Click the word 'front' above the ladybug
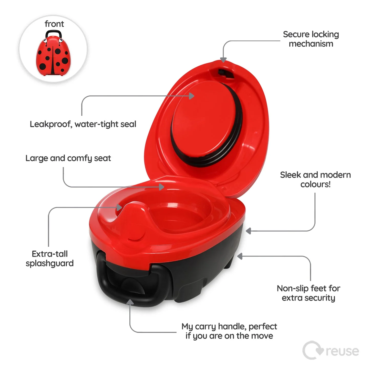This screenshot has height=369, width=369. pyautogui.click(x=54, y=24)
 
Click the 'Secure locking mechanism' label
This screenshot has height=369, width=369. pyautogui.click(x=311, y=39)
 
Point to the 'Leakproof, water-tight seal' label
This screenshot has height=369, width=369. pyautogui.click(x=83, y=124)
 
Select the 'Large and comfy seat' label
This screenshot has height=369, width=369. pyautogui.click(x=68, y=158)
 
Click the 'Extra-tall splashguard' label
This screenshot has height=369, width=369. pyautogui.click(x=50, y=259)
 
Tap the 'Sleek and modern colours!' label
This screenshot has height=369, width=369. pyautogui.click(x=315, y=179)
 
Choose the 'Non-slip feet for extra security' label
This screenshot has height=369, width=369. pyautogui.click(x=309, y=293)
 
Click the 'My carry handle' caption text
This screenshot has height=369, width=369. pyautogui.click(x=229, y=331)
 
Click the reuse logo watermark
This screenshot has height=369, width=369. pyautogui.click(x=331, y=350)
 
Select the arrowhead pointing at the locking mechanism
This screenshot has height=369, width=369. pyautogui.click(x=223, y=60)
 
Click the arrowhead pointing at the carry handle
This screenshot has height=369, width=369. pyautogui.click(x=130, y=302)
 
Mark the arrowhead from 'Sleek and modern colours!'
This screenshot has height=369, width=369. pyautogui.click(x=248, y=231)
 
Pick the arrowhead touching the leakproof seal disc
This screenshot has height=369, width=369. pyautogui.click(x=192, y=96)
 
